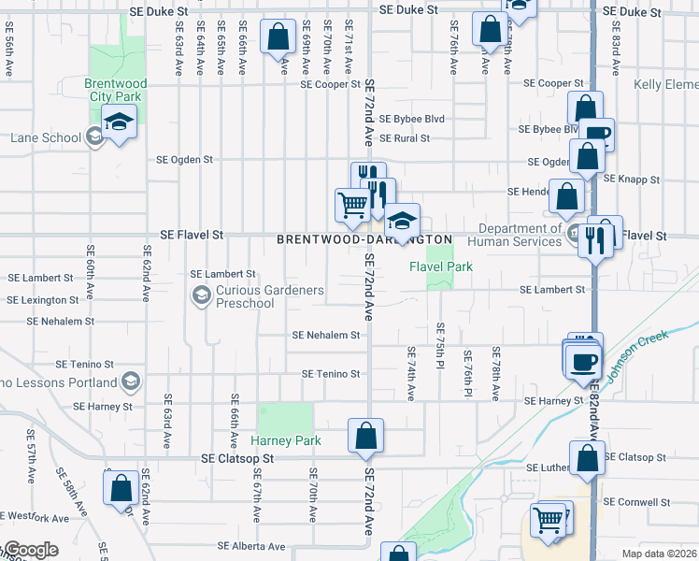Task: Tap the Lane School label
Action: pyautogui.click(x=46, y=137)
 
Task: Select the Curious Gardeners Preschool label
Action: pyautogui.click(x=270, y=296)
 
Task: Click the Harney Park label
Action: pyautogui.click(x=286, y=440)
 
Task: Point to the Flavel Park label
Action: pyautogui.click(x=441, y=266)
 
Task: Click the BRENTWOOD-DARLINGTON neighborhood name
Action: pyautogui.click(x=364, y=240)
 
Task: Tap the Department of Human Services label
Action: pyautogui.click(x=519, y=235)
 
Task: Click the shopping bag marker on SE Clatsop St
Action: pyautogui.click(x=365, y=435)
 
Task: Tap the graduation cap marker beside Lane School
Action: pyautogui.click(x=119, y=122)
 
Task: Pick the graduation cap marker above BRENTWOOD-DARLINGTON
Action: pyautogui.click(x=403, y=222)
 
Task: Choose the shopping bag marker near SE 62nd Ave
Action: pyautogui.click(x=121, y=487)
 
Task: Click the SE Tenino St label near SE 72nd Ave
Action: pyautogui.click(x=331, y=374)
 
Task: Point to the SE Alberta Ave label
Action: pyautogui.click(x=251, y=546)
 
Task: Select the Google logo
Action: pyautogui.click(x=30, y=551)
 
